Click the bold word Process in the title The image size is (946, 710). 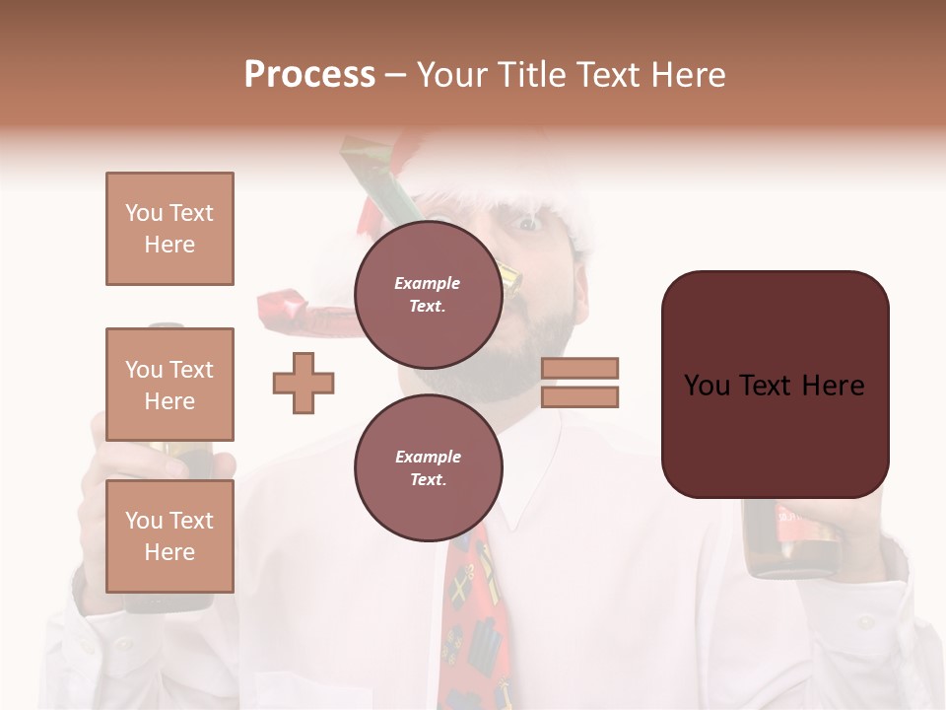[309, 74]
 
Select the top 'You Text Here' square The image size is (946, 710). [169, 229]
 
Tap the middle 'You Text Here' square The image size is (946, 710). [169, 385]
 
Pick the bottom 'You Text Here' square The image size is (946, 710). [169, 535]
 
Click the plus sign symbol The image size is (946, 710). [304, 383]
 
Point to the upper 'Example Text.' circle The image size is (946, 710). [428, 294]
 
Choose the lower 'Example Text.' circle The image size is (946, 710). [428, 467]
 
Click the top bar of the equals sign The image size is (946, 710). [580, 368]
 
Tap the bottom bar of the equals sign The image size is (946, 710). [580, 396]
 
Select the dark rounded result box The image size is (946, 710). [775, 385]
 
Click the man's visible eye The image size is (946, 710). [529, 224]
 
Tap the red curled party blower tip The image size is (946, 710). [286, 308]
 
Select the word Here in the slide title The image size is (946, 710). [690, 74]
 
